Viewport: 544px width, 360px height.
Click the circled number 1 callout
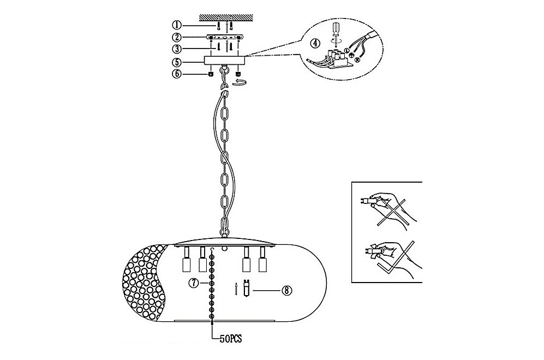tap(177, 25)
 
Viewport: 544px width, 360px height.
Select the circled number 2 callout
tap(177, 37)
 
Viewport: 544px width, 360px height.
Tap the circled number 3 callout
tap(177, 49)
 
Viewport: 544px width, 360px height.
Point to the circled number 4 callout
tap(315, 43)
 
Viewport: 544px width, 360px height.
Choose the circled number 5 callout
tap(177, 62)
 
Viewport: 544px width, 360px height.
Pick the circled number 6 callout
tap(177, 74)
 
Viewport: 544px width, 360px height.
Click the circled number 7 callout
tap(193, 283)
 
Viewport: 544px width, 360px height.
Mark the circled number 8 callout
tap(286, 290)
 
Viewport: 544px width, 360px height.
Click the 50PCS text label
tap(231, 339)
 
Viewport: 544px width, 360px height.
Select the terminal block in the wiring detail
tap(336, 59)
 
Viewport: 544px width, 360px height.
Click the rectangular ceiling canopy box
tap(225, 60)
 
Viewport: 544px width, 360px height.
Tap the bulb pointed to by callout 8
tap(247, 289)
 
